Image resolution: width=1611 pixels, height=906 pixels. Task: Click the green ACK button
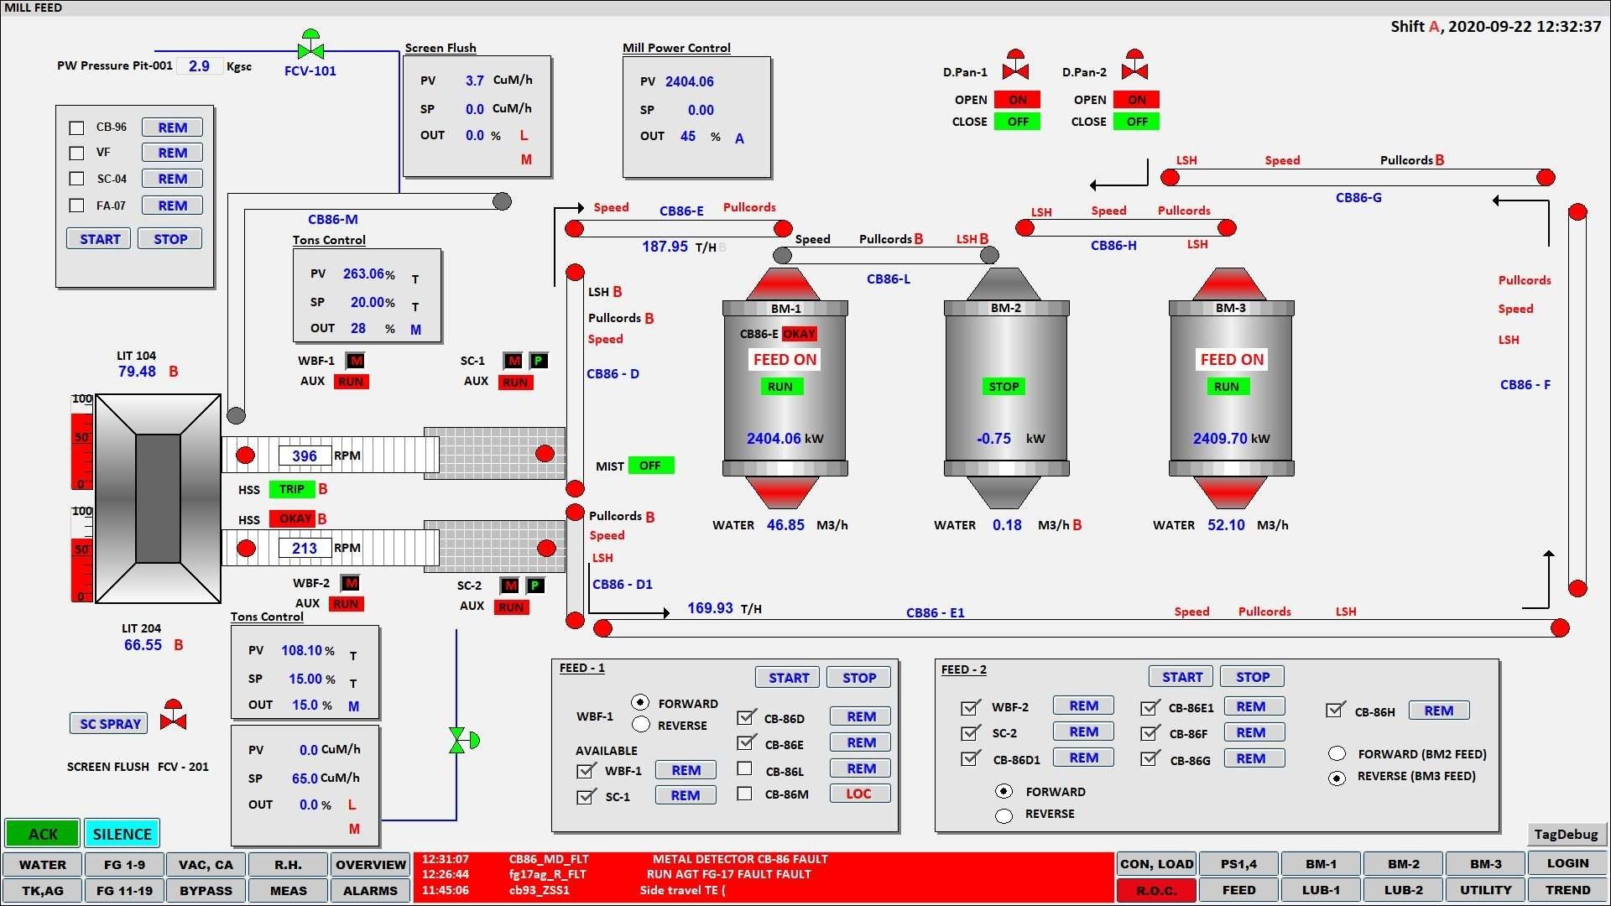[42, 834]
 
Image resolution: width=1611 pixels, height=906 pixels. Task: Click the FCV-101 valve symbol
[310, 47]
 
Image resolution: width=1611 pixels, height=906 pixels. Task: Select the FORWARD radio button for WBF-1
[641, 702]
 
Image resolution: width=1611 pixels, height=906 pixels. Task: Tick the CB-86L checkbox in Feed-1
[744, 768]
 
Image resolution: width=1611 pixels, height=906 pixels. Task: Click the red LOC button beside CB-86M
[859, 794]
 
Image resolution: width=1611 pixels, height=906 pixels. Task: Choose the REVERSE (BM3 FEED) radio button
[1337, 777]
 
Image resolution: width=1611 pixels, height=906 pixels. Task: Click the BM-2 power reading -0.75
[993, 439]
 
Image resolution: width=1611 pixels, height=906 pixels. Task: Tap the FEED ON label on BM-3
[1231, 360]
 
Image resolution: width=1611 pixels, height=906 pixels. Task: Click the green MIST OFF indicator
[650, 466]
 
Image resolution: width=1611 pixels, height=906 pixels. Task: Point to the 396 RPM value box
[305, 456]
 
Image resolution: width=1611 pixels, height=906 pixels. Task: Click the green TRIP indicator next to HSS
[291, 489]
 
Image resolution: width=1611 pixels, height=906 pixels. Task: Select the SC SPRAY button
[109, 723]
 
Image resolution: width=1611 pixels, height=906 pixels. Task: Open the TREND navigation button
[1567, 890]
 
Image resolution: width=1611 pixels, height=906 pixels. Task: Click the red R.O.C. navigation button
[1156, 890]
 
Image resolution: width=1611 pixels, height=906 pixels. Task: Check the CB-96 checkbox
[76, 128]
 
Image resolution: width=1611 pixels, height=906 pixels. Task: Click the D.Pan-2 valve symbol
[1134, 66]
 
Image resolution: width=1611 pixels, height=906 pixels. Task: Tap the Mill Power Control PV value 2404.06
[690, 82]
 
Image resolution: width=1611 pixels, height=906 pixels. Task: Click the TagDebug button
[1566, 834]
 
